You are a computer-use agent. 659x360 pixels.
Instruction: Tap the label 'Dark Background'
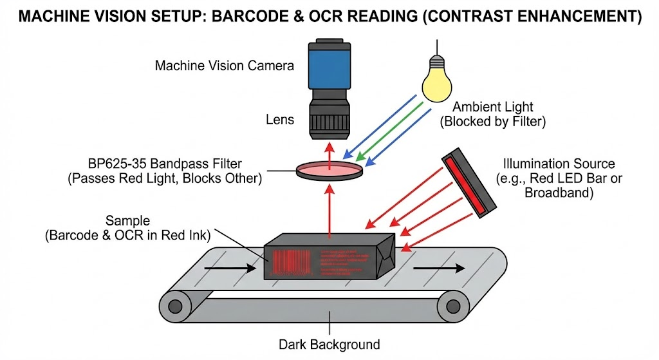click(329, 344)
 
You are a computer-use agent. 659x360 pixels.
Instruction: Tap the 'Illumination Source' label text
click(559, 164)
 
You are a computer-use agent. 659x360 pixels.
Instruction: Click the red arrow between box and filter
click(329, 213)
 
